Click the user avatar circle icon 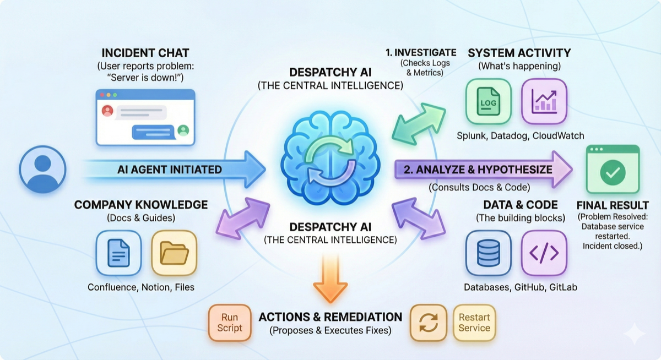[42, 168]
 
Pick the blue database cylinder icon [488, 253]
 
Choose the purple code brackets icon [544, 253]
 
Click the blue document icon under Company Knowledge [118, 253]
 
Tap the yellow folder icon [174, 253]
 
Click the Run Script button [230, 323]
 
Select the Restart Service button [474, 323]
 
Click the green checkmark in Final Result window [612, 173]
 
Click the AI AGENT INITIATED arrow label [170, 170]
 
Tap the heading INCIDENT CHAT [145, 53]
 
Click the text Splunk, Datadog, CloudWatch [521, 135]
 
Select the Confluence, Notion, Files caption [141, 287]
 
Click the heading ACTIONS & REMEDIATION [330, 317]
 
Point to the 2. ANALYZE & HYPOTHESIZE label [478, 170]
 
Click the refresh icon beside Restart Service [428, 323]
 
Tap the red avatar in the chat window [107, 111]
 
